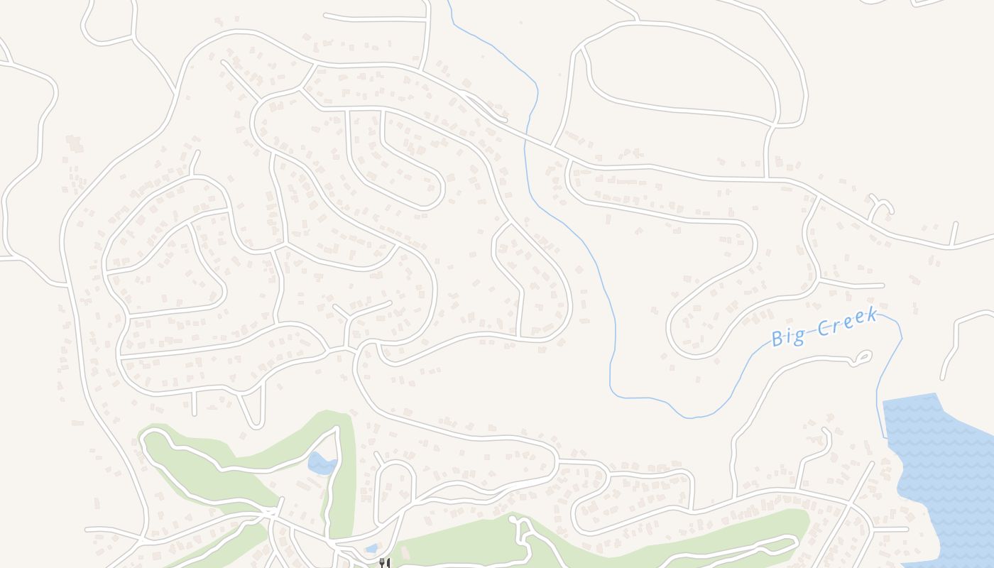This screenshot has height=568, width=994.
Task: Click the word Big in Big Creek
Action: coord(788,336)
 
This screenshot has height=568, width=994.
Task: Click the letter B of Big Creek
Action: coord(777,339)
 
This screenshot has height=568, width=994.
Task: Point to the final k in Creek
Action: coord(871,315)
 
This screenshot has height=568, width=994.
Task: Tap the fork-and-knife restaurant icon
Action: coord(384,563)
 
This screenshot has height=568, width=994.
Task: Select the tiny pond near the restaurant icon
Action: coord(371,548)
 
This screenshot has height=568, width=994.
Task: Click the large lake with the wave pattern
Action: coord(944,469)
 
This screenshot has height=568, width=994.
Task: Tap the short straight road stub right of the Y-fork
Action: coord(954,233)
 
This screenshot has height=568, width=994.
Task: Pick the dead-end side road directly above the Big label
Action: coord(852,285)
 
